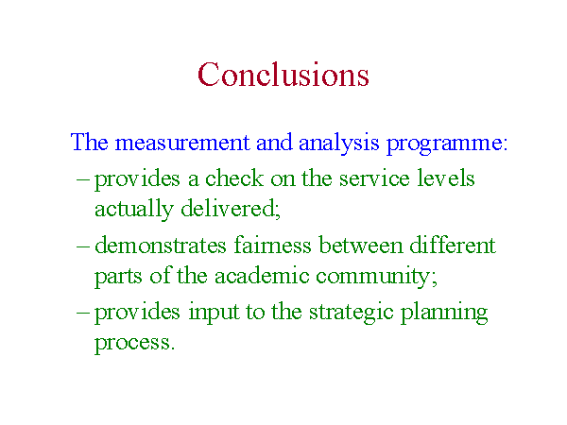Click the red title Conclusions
tap(283, 74)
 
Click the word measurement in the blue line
tap(182, 142)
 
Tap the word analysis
tap(339, 143)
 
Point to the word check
tap(234, 178)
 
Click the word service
tap(374, 178)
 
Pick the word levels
tap(446, 178)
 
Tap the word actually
tap(134, 210)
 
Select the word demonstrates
tap(161, 245)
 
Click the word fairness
tap(272, 245)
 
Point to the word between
tap(361, 245)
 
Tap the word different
tap(453, 245)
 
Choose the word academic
tap(262, 276)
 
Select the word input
tap(214, 312)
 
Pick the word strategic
tap(352, 313)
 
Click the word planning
tap(444, 313)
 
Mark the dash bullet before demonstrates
tap(82, 246)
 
